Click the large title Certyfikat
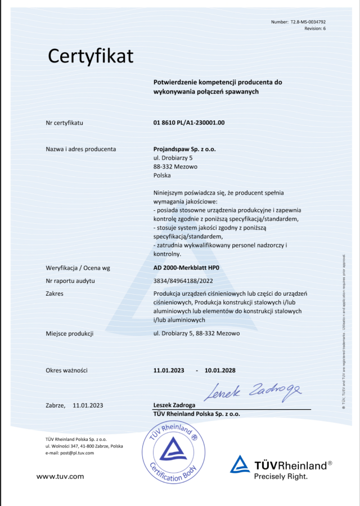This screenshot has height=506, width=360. (91, 56)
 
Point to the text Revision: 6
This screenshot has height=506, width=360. (315, 28)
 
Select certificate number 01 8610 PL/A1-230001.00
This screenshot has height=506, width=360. (189, 122)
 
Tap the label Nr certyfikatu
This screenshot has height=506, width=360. (64, 122)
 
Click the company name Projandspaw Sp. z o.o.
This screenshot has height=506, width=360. (184, 149)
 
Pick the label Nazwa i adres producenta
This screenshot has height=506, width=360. (81, 149)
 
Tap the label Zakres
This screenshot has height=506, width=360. (54, 293)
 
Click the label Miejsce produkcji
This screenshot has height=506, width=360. (69, 333)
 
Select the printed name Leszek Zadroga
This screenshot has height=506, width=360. (174, 405)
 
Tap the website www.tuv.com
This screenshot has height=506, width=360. (60, 476)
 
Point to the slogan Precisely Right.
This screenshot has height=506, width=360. (281, 476)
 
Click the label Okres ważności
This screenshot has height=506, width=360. (66, 371)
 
